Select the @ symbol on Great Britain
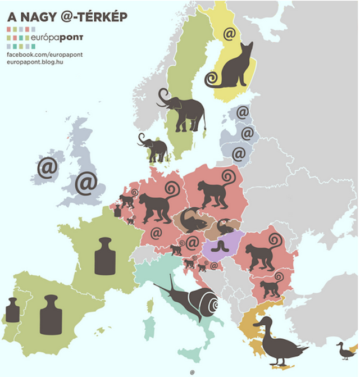pyautogui.click(x=86, y=183)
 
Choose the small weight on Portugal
pyautogui.click(x=12, y=310)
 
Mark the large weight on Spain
pyautogui.click(x=51, y=315)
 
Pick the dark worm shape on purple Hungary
pyautogui.click(x=216, y=246)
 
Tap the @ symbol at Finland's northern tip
pyautogui.click(x=229, y=34)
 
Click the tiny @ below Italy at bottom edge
pyautogui.click(x=193, y=372)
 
